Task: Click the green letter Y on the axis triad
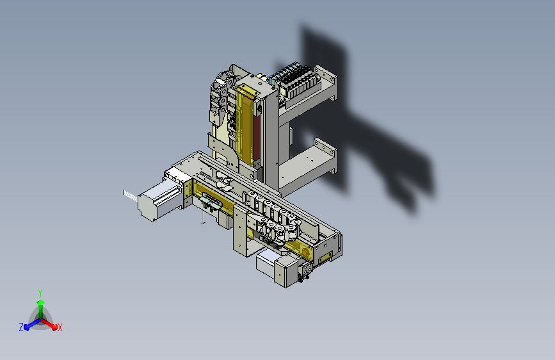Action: pyautogui.click(x=40, y=293)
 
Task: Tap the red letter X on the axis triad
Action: pyautogui.click(x=60, y=328)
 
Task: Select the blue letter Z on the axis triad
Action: pyautogui.click(x=21, y=327)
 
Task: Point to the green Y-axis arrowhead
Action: pyautogui.click(x=41, y=303)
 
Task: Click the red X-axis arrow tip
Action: pyautogui.click(x=54, y=327)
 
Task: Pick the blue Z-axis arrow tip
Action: pyautogui.click(x=27, y=327)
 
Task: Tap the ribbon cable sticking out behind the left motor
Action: pyautogui.click(x=130, y=195)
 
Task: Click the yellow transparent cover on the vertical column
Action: pyautogui.click(x=245, y=125)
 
